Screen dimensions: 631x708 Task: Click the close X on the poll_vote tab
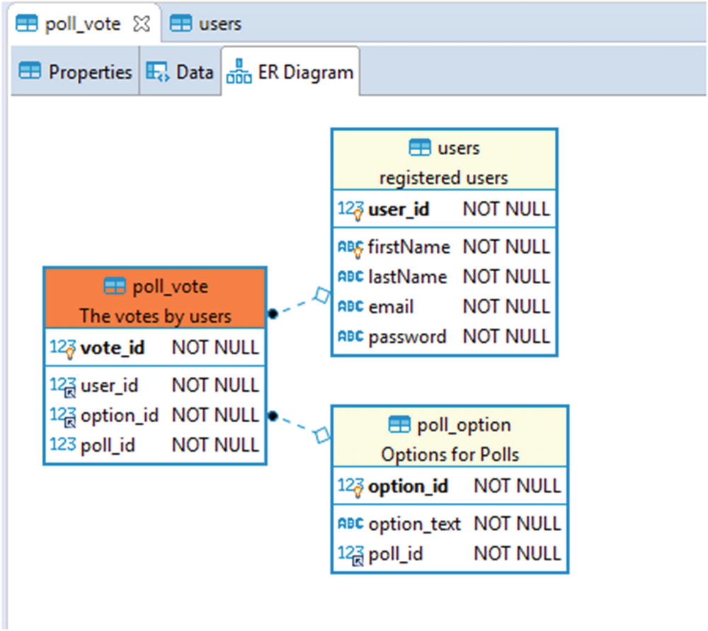coord(142,24)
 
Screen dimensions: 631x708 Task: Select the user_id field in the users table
coord(398,210)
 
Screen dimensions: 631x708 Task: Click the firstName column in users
coord(409,247)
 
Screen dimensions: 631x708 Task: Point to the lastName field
coord(407,277)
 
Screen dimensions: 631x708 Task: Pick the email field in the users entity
coord(391,307)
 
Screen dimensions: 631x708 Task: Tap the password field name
coord(407,336)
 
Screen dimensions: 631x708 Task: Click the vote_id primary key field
coord(113,348)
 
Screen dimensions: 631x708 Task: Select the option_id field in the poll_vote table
coord(120,415)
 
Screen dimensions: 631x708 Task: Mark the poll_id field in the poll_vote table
coord(108,445)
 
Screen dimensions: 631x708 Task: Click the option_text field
coord(414,524)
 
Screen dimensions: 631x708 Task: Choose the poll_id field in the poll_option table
coord(395,554)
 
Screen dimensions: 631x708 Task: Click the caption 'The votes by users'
coord(155,315)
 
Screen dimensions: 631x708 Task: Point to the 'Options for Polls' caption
coord(450,454)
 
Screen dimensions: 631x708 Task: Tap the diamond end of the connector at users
coord(322,295)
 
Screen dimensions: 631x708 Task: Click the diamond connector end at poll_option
coord(322,435)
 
